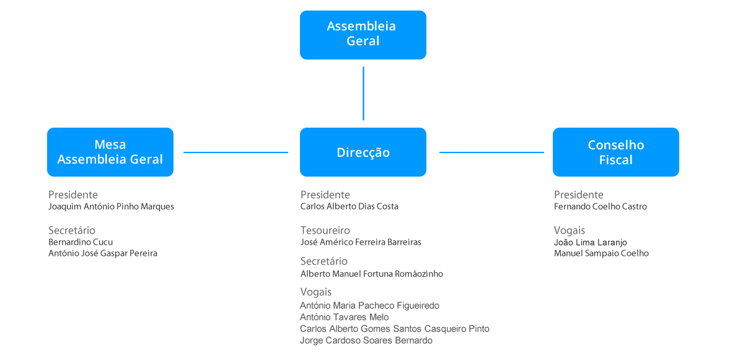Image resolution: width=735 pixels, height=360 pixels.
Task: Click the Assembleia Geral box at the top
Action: (x=363, y=35)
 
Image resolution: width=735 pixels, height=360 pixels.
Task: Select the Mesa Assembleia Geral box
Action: (x=110, y=152)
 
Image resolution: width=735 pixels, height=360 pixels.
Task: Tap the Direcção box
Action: (x=363, y=152)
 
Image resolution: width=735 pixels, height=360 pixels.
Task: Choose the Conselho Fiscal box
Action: (x=615, y=152)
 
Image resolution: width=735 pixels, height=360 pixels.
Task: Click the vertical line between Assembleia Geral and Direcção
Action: (x=363, y=93)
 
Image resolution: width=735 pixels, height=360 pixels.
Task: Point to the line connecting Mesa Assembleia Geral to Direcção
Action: (x=235, y=152)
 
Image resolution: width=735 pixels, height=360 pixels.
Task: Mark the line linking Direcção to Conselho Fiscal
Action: (x=491, y=152)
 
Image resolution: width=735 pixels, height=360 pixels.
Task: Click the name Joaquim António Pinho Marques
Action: (x=111, y=207)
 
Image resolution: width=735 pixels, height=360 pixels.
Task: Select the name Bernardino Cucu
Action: (x=81, y=242)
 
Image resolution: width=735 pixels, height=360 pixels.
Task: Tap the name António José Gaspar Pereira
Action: (x=103, y=253)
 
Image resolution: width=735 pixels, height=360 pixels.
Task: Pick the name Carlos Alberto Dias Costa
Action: (x=350, y=207)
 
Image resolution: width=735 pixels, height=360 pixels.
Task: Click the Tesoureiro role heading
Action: (x=325, y=230)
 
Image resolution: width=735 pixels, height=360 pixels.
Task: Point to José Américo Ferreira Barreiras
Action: (x=361, y=242)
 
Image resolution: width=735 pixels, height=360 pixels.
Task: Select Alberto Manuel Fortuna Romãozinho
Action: (x=372, y=274)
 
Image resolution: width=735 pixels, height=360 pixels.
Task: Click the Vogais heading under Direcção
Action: (x=316, y=292)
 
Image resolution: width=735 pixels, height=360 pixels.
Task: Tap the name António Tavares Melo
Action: (x=345, y=317)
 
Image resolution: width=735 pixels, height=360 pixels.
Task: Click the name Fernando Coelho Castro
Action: (x=601, y=207)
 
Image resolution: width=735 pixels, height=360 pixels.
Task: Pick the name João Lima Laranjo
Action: (x=591, y=242)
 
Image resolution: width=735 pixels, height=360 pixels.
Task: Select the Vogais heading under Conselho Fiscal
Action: (x=570, y=230)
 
